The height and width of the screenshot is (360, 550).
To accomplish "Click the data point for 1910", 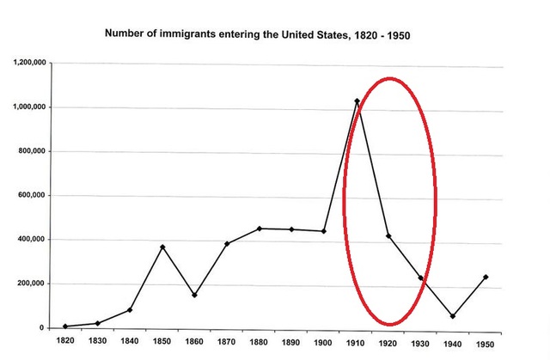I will [x=357, y=101].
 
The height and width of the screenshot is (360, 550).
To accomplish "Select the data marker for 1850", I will [x=162, y=247].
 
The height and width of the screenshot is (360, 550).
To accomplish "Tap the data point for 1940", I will [x=453, y=316].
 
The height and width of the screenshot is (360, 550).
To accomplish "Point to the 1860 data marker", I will [x=195, y=296].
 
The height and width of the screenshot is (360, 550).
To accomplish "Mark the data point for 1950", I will [x=486, y=278].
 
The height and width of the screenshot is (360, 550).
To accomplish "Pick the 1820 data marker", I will [x=65, y=326].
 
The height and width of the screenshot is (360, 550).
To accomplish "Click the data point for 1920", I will [x=388, y=236].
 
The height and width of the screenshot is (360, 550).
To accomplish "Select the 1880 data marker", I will [x=260, y=229].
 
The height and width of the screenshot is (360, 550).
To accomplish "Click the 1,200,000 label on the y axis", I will [x=30, y=64].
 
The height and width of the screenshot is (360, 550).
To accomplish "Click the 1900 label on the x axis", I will [x=324, y=343].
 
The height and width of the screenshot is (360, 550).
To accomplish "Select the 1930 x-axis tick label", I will [x=421, y=343].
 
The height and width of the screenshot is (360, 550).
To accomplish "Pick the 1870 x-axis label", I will [x=227, y=343].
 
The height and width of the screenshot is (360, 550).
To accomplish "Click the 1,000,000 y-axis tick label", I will [x=30, y=107].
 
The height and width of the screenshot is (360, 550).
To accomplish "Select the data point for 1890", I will [x=291, y=229].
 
